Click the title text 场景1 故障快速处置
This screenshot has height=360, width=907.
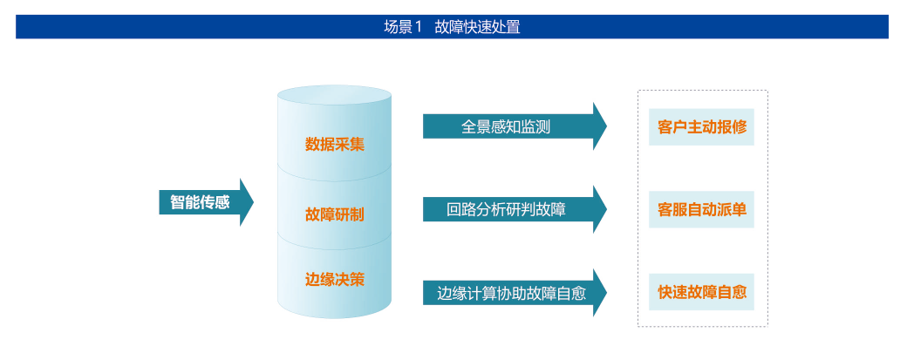452,27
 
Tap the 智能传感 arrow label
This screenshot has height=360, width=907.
200,202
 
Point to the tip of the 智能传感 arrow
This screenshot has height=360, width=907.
254,202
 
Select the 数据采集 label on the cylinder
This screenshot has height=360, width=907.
335,144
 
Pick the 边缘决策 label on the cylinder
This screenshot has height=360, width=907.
335,280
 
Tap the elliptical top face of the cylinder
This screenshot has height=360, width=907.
334,95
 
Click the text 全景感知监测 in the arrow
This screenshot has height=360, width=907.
506,127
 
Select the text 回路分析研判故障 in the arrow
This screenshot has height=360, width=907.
506,209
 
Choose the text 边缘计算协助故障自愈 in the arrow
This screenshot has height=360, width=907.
511,294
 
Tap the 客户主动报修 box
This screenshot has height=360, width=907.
701,127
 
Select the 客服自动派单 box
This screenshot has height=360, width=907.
701,209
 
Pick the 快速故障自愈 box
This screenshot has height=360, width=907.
701,292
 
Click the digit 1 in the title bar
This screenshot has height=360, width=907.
419,27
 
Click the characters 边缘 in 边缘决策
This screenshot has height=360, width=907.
320,280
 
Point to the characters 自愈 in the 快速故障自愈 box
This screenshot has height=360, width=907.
732,292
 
